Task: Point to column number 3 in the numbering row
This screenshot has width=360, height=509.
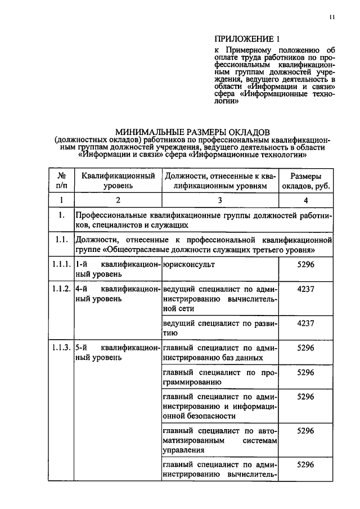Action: coord(220,200)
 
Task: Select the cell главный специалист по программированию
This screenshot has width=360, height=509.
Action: coord(220,377)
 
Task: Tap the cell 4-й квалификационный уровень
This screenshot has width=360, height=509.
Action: coord(118,293)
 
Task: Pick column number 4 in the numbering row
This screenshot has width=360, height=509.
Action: coord(305,200)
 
